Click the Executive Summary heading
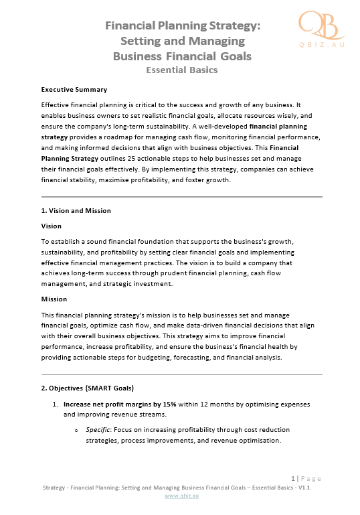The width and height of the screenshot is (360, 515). (x=74, y=89)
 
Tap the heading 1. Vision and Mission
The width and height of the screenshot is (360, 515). (x=76, y=211)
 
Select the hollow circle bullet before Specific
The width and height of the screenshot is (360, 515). (x=78, y=430)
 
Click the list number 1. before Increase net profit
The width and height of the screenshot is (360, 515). (x=56, y=404)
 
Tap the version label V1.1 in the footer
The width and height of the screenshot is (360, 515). (x=308, y=488)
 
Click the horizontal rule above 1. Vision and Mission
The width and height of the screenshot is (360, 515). (x=182, y=197)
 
